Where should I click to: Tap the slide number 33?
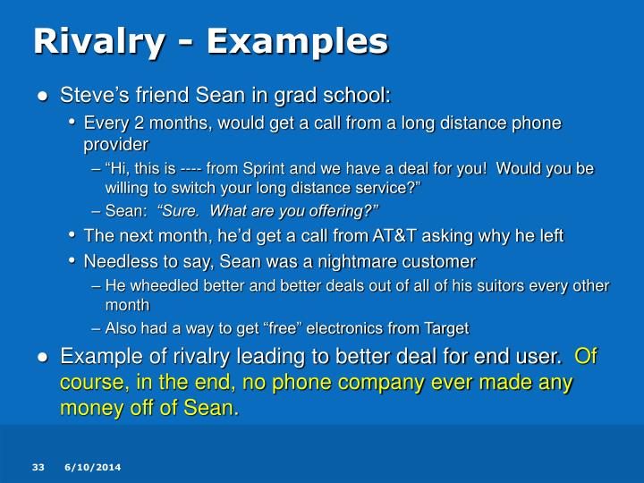click(x=38, y=468)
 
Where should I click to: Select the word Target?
click(x=445, y=327)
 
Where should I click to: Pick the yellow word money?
click(x=87, y=408)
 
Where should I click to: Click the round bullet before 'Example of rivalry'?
click(x=42, y=357)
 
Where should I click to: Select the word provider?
click(x=116, y=143)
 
